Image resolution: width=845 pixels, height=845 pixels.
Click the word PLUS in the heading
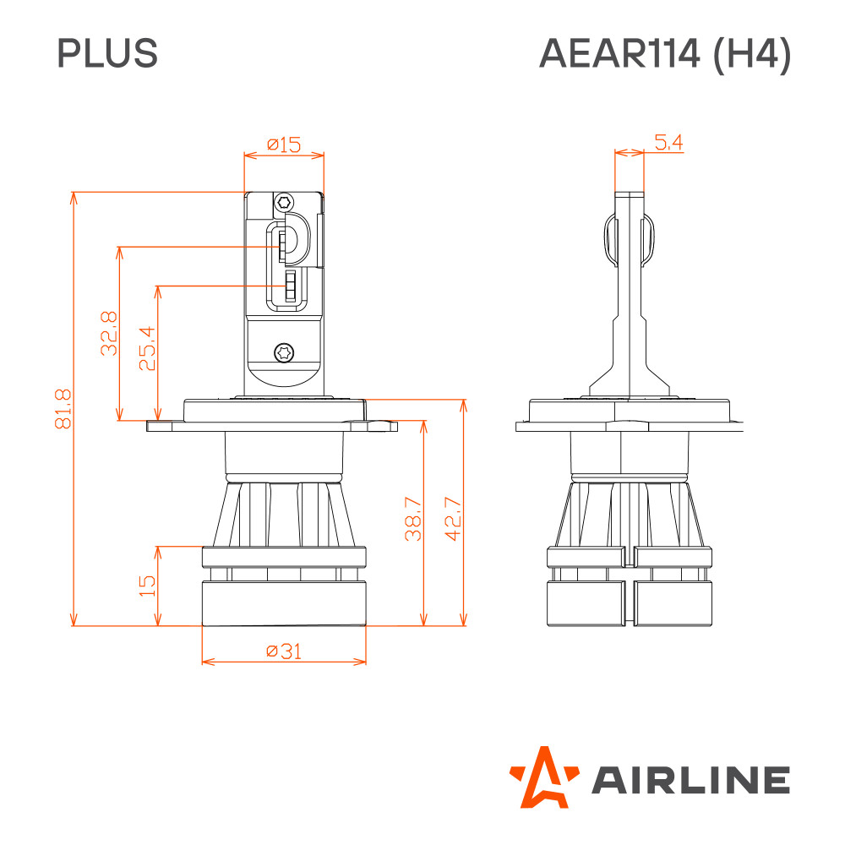pos(107,52)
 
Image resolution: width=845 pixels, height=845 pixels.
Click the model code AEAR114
pos(619,53)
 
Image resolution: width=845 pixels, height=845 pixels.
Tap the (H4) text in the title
pos(752,54)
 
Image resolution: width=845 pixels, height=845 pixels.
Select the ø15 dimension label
pos(284,144)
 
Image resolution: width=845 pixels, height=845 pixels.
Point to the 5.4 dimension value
pos(668,142)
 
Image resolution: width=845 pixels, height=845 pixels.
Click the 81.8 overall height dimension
pos(63,408)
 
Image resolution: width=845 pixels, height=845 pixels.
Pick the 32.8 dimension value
pos(109,333)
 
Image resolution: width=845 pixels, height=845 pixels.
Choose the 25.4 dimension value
pos(147,348)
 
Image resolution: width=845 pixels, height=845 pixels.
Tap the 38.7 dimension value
pos(413,519)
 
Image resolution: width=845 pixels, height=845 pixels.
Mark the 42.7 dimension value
pos(453,519)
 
